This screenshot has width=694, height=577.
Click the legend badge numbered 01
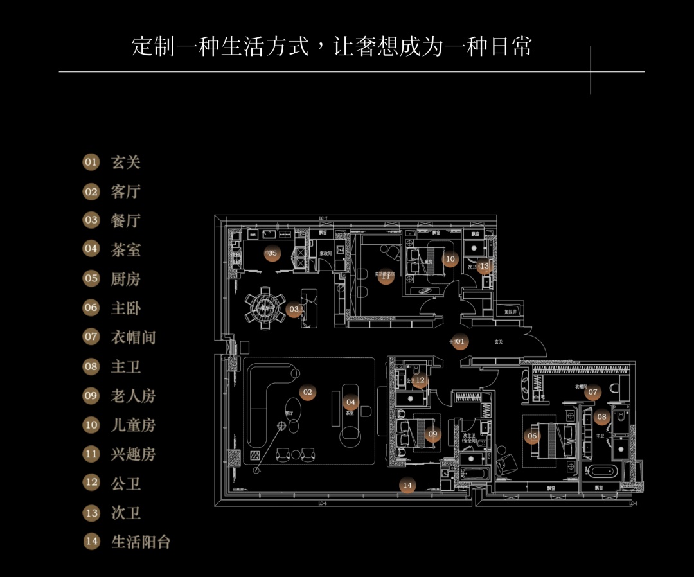click(91, 162)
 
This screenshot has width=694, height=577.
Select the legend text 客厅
click(125, 191)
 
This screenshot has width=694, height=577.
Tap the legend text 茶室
click(125, 250)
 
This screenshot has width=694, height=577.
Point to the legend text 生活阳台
click(141, 542)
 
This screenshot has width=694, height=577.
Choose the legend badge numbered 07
click(91, 337)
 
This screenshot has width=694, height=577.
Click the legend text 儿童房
click(133, 425)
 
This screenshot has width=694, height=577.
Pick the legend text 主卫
click(125, 366)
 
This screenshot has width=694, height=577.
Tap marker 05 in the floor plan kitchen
click(272, 253)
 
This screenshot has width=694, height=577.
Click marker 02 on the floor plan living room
click(307, 392)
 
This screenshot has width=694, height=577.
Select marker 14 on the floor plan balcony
click(407, 486)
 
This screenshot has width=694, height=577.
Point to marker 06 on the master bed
click(531, 436)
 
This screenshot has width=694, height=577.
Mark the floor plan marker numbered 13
click(484, 266)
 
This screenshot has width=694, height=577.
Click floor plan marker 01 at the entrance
click(459, 342)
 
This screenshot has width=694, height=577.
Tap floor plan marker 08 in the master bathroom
click(601, 417)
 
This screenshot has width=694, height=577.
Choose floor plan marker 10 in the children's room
click(450, 260)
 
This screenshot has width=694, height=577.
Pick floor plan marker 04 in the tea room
click(350, 403)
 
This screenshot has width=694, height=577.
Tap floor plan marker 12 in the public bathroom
click(420, 381)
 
